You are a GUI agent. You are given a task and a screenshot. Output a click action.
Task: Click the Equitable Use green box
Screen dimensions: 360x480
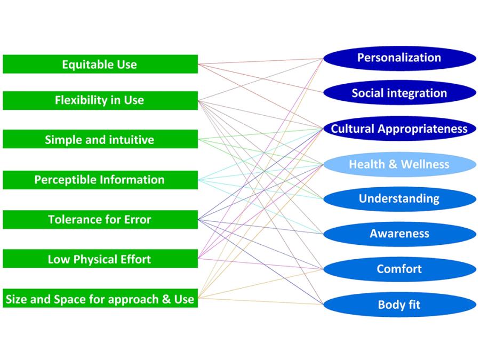pyautogui.click(x=100, y=65)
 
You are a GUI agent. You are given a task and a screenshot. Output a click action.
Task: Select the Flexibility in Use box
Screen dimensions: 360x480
pyautogui.click(x=100, y=100)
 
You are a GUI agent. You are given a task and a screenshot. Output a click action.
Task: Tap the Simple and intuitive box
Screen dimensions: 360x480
pyautogui.click(x=100, y=140)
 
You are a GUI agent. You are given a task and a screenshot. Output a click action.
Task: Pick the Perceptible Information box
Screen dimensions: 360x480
pyautogui.click(x=100, y=180)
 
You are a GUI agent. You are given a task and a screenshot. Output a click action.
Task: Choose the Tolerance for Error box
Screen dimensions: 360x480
pyautogui.click(x=100, y=219)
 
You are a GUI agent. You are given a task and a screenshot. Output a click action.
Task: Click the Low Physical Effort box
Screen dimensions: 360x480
pyautogui.click(x=100, y=259)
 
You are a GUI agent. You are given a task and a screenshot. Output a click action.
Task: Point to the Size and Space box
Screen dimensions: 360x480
pyautogui.click(x=100, y=299)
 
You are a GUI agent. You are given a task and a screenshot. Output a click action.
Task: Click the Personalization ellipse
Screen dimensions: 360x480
pyautogui.click(x=399, y=58)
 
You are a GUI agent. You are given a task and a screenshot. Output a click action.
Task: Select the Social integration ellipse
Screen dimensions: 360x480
pyautogui.click(x=399, y=93)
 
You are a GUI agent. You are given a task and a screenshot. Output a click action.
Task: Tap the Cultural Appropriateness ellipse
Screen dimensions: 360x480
pyautogui.click(x=399, y=129)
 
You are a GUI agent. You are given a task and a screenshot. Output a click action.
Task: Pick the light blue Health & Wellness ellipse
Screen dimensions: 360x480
pyautogui.click(x=399, y=164)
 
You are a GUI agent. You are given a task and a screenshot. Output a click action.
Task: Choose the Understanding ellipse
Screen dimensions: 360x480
pyautogui.click(x=399, y=199)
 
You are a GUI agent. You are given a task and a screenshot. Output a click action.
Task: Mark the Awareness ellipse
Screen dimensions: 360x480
pyautogui.click(x=399, y=234)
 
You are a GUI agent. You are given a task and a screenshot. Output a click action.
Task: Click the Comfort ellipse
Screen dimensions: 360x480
pyautogui.click(x=399, y=269)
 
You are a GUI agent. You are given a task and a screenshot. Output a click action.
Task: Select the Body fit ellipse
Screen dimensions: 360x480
pyautogui.click(x=399, y=305)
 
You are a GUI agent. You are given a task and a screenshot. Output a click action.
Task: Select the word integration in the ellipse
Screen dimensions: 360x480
pyautogui.click(x=418, y=93)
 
